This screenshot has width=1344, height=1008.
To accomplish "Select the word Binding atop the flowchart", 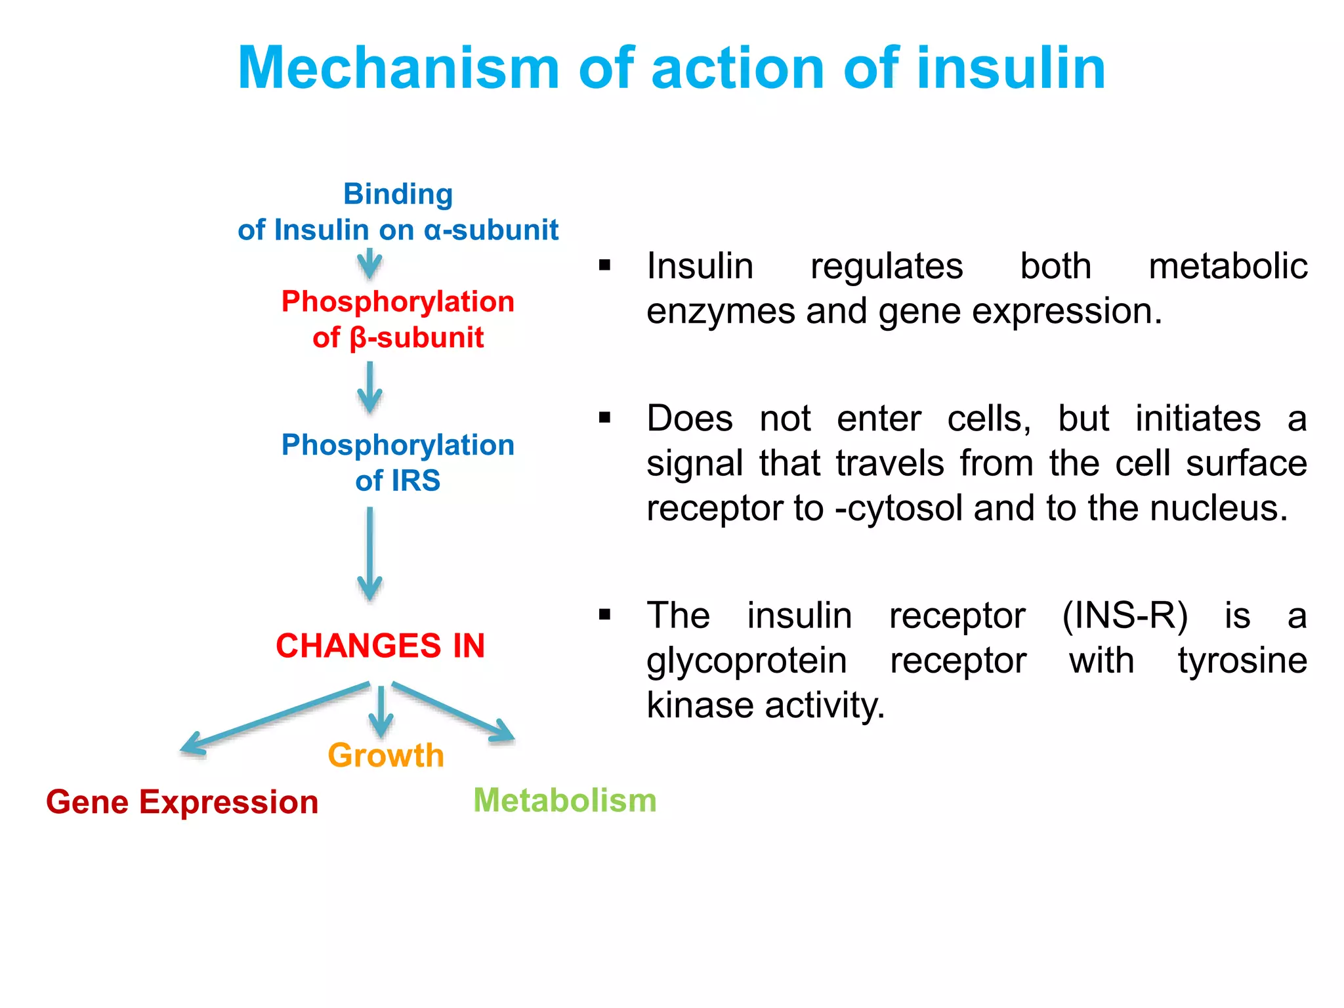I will (398, 194).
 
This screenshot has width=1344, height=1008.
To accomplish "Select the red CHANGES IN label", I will (380, 646).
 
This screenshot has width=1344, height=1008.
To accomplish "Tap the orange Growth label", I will (386, 755).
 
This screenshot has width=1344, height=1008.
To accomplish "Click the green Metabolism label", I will (564, 801).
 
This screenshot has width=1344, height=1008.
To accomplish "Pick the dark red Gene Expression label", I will (182, 803).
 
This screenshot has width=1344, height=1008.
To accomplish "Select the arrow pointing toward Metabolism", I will (453, 713).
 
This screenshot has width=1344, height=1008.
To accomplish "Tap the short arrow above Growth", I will (381, 713).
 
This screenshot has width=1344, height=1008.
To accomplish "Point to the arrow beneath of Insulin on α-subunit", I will (370, 264).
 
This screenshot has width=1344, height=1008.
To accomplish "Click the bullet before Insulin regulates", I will (604, 266).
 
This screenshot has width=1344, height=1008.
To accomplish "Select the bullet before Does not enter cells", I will (604, 418).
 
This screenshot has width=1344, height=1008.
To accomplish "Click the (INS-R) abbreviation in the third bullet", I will (1125, 616).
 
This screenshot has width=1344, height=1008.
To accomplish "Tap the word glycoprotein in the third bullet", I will (746, 661).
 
